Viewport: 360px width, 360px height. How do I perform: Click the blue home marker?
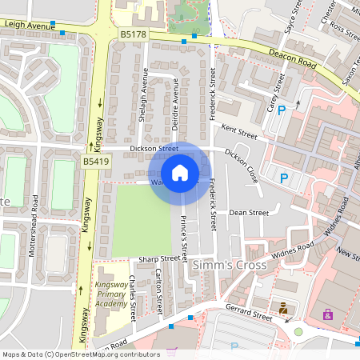pyautogui.click(x=180, y=172)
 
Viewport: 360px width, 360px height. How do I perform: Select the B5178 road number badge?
pyautogui.click(x=134, y=34)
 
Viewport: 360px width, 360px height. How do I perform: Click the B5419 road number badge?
pyautogui.click(x=95, y=162)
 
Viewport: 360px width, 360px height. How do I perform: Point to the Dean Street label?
pyautogui.click(x=248, y=213)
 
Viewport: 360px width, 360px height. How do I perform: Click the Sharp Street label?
pyautogui.click(x=158, y=258)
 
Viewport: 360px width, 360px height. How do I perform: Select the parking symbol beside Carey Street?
pyautogui.click(x=282, y=110)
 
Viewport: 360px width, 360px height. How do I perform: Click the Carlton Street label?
pyautogui.click(x=160, y=290)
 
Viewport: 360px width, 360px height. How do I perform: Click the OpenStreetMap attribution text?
pyautogui.click(x=81, y=354)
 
